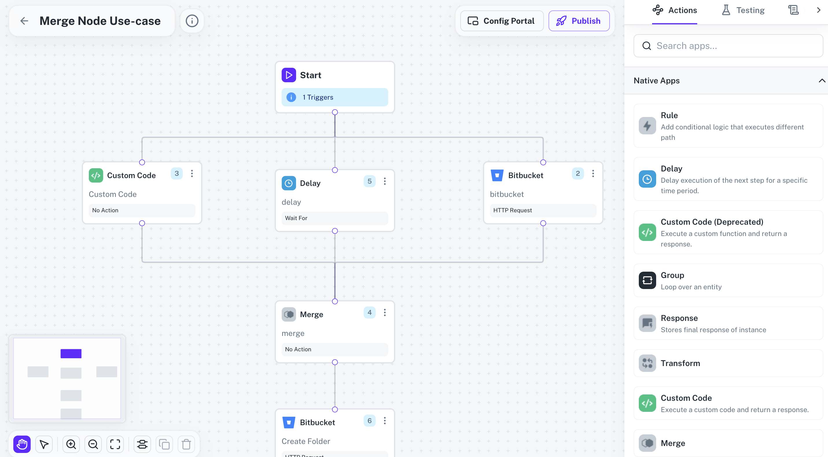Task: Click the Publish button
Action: [579, 21]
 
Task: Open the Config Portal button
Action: [502, 21]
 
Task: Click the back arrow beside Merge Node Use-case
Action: [24, 21]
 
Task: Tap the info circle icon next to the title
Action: [192, 21]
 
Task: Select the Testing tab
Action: [743, 10]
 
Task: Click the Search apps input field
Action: [728, 46]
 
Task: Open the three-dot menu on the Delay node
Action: [385, 181]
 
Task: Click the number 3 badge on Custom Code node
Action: [176, 173]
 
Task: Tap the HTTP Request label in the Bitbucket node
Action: [512, 210]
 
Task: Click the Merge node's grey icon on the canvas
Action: [289, 315]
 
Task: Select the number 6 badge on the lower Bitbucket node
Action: [369, 421]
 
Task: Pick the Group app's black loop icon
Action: [647, 280]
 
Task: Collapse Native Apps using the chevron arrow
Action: [821, 81]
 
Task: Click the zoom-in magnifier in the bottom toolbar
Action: [71, 444]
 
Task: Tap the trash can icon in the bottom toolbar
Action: [186, 444]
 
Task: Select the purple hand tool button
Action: [22, 444]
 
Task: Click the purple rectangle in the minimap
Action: [71, 353]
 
